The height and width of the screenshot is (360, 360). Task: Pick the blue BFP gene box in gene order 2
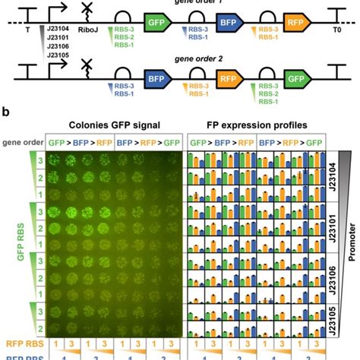[158, 76]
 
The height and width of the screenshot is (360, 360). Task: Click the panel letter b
[5, 111]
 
